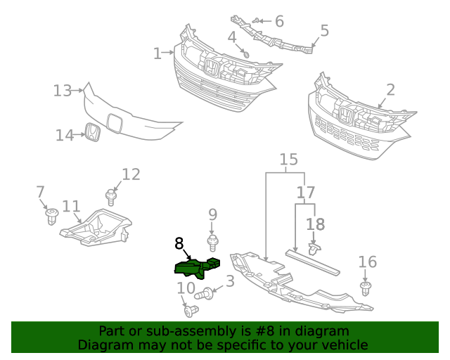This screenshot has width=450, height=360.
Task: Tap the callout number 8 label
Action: point(179,244)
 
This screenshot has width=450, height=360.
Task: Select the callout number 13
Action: point(63,90)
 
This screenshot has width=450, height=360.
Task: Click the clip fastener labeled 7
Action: point(51,216)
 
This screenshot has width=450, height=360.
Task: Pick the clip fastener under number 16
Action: point(366,288)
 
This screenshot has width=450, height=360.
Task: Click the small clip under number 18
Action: point(314,247)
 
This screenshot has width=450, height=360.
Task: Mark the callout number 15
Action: point(288,160)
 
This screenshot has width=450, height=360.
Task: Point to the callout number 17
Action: point(305,192)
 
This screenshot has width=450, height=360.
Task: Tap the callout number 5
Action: point(324,30)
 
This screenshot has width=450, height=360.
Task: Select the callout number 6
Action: point(279,22)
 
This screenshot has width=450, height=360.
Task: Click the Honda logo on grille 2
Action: point(345,115)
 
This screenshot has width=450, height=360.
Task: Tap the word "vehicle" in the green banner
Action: point(343,345)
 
